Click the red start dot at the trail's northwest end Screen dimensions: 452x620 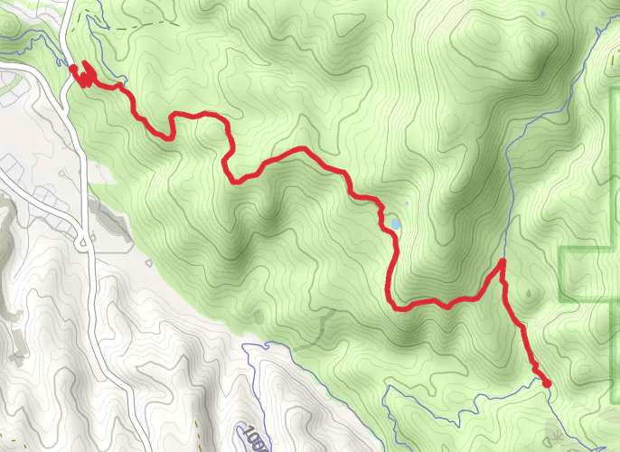pyautogui.click(x=72, y=67)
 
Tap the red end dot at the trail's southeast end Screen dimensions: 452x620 pyautogui.click(x=546, y=383)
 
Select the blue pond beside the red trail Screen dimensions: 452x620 pyautogui.click(x=395, y=222)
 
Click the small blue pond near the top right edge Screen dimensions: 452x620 pyautogui.click(x=541, y=14)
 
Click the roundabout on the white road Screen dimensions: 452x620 pyautogui.click(x=82, y=239)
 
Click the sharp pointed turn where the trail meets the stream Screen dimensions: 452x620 pyautogui.click(x=502, y=262)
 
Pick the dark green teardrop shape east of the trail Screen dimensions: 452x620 pyautogui.click(x=527, y=294)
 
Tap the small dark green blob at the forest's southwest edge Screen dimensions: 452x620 pyautogui.click(x=259, y=317)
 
